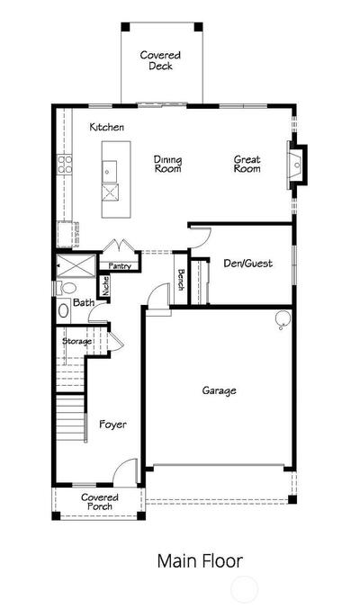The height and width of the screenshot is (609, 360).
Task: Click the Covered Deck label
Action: [160, 60]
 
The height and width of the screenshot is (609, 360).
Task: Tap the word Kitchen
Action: [107, 127]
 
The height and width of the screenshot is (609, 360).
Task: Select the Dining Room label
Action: [167, 165]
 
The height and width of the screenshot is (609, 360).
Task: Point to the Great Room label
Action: [247, 165]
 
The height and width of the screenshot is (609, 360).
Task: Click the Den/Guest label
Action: [247, 264]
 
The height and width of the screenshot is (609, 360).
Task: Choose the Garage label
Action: [219, 390]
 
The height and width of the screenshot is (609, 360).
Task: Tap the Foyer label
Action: [112, 425]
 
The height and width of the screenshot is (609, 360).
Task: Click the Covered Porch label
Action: [100, 502]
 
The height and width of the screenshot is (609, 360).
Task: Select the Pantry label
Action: [120, 266]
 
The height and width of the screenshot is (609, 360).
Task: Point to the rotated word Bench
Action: [181, 280]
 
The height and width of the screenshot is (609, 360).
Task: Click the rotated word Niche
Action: [105, 285]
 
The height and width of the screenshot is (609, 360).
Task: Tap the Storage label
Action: [77, 342]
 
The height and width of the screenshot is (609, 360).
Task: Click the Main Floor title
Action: [200, 560]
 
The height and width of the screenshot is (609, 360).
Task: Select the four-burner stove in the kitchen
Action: [65, 165]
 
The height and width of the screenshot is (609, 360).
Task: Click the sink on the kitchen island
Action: [109, 172]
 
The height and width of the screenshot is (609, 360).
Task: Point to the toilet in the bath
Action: [66, 289]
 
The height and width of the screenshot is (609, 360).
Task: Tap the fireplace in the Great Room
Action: [297, 165]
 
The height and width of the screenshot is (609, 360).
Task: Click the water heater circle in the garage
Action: [283, 318]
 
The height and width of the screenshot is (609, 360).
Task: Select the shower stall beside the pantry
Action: [76, 265]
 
